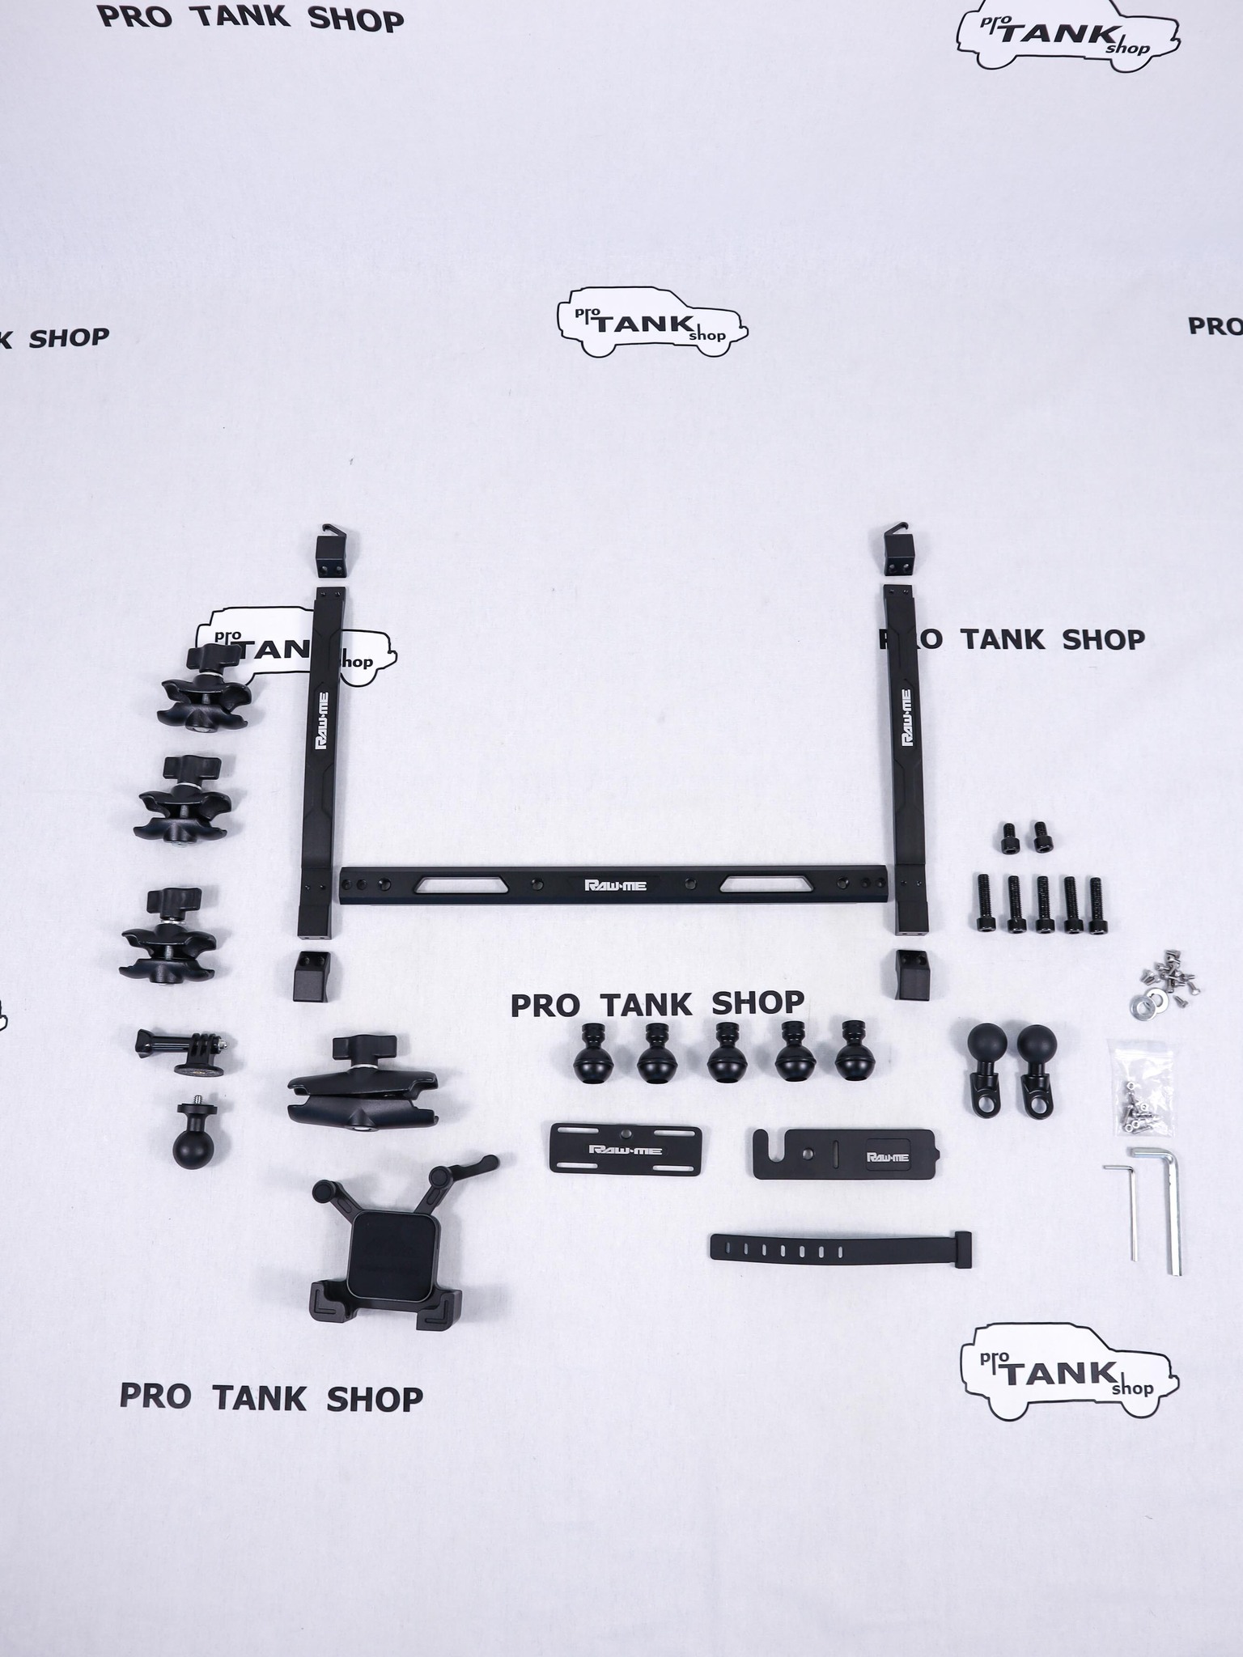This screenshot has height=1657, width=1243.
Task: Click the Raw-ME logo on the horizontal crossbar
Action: click(x=615, y=884)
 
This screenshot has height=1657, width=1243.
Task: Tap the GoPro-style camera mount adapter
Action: click(x=187, y=1051)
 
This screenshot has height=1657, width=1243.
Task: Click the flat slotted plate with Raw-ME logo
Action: click(x=625, y=1148)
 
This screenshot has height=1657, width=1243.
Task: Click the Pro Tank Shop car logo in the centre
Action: click(x=651, y=324)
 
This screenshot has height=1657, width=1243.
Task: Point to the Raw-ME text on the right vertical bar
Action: click(x=906, y=717)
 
